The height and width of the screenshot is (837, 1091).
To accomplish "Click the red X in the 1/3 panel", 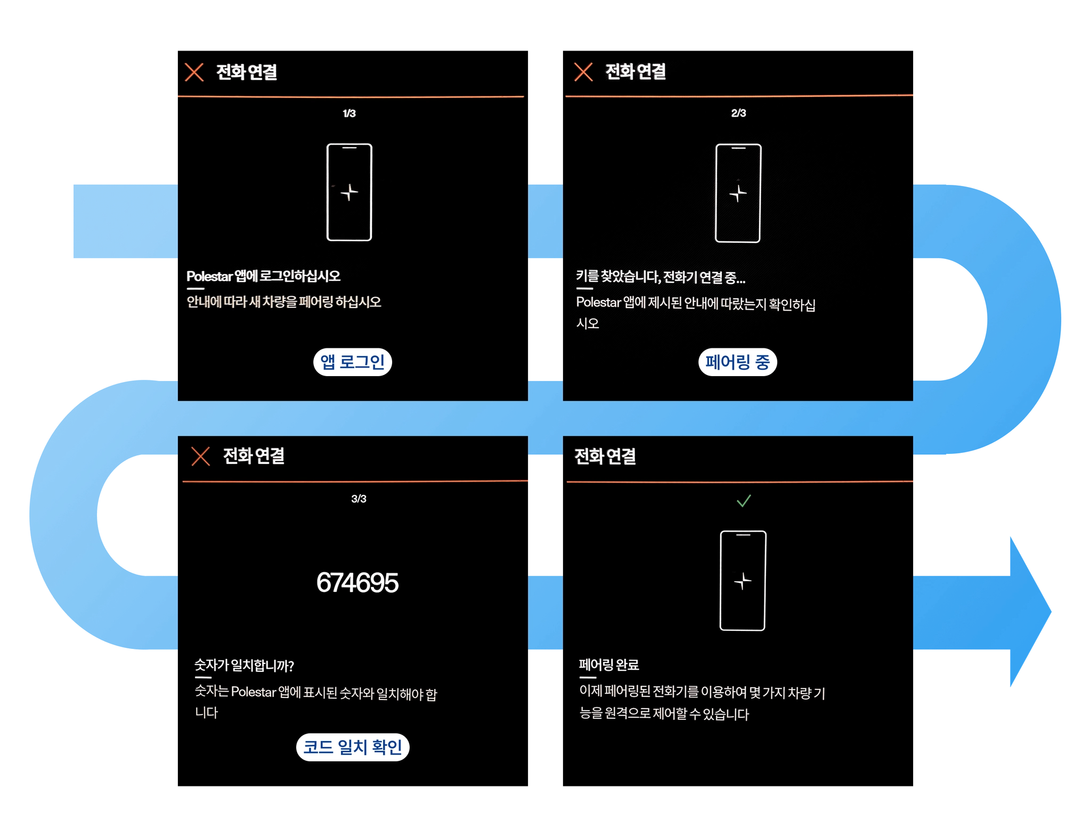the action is (x=194, y=72).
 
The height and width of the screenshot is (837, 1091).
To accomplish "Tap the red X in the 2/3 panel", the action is (x=583, y=72).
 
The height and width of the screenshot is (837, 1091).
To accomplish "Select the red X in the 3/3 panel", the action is (x=200, y=457).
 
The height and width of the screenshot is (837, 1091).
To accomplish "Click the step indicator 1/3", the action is (x=349, y=113).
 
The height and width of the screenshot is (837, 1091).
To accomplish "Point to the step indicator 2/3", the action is (x=738, y=113).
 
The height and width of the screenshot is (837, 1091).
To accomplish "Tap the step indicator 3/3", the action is (x=359, y=499).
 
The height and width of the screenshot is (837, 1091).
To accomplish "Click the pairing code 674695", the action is (x=357, y=582).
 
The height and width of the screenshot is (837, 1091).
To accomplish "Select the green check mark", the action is (x=744, y=501).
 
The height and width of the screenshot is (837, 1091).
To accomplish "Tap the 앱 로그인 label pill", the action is (x=352, y=362).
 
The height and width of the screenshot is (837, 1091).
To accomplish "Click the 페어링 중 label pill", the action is (x=737, y=362).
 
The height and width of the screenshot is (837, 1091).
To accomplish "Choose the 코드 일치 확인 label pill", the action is (x=353, y=747).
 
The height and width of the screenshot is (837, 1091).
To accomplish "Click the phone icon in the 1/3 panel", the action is (x=349, y=192).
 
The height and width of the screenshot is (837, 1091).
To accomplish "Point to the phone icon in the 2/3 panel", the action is (x=738, y=193).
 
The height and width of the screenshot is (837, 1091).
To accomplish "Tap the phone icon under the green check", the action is (x=743, y=581).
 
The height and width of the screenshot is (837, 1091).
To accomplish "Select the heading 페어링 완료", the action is (x=608, y=665).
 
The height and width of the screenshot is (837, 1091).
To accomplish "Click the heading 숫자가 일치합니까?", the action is (x=244, y=665).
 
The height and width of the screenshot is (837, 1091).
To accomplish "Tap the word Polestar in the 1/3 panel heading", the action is (x=209, y=277).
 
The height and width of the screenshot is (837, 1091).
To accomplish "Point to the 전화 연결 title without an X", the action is (x=605, y=457).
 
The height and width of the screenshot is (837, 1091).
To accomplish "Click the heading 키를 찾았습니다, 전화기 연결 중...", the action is (x=660, y=277).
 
